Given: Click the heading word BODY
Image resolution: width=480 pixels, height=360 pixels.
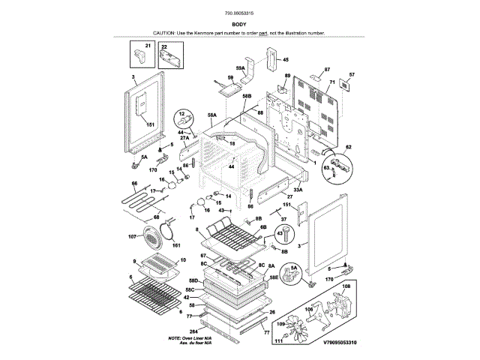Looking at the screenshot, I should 240,25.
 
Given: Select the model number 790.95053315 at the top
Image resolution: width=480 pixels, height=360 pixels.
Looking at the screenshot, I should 240,13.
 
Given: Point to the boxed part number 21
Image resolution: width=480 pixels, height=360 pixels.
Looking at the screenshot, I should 148,46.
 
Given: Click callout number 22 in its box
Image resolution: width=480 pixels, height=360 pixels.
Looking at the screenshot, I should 165,46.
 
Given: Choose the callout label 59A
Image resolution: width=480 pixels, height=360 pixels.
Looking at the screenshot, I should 241,68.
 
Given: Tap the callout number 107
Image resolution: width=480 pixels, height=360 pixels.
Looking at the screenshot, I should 132,237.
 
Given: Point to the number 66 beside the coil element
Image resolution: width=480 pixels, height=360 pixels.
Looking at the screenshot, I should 135,184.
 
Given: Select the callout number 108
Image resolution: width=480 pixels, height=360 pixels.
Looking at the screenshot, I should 346,286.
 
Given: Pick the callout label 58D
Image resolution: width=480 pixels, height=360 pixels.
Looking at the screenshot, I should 193,280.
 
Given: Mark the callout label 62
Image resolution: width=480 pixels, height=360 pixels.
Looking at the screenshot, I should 348,147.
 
